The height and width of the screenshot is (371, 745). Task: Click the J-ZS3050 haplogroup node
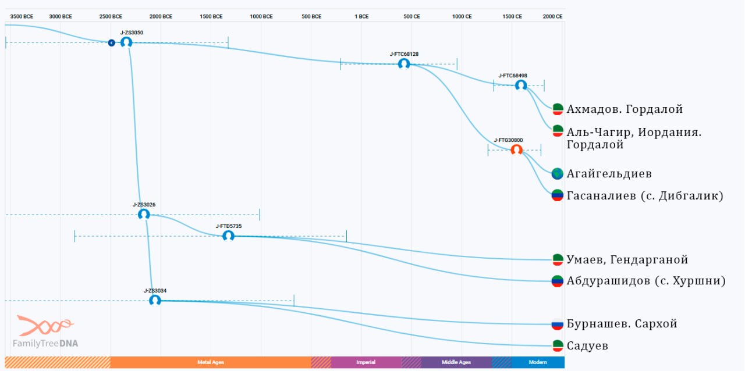click(126, 42)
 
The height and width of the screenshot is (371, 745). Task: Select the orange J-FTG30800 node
click(516, 150)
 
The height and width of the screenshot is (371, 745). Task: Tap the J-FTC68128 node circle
click(404, 64)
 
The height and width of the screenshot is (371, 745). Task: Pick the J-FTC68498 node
click(521, 85)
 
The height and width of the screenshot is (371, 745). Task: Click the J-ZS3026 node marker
click(144, 215)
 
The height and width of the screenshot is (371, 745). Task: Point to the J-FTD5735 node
click(228, 236)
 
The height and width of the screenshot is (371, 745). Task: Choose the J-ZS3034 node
click(155, 301)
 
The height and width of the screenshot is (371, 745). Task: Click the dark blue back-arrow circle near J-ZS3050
click(111, 43)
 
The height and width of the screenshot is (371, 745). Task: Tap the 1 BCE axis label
click(361, 16)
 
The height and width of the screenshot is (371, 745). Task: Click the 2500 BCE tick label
click(111, 16)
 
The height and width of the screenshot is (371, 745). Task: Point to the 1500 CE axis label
click(512, 16)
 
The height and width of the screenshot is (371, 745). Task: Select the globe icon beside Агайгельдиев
click(558, 173)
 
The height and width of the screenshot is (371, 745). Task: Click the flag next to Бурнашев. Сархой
click(558, 324)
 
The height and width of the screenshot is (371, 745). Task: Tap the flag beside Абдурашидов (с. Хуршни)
click(558, 281)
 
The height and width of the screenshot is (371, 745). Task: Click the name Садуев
click(587, 346)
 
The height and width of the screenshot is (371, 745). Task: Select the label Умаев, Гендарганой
click(627, 259)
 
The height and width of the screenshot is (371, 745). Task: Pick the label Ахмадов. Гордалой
click(625, 109)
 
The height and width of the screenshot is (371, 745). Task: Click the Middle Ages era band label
click(456, 362)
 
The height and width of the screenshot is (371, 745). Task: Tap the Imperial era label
click(366, 362)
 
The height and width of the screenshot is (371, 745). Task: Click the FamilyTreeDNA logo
click(45, 331)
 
